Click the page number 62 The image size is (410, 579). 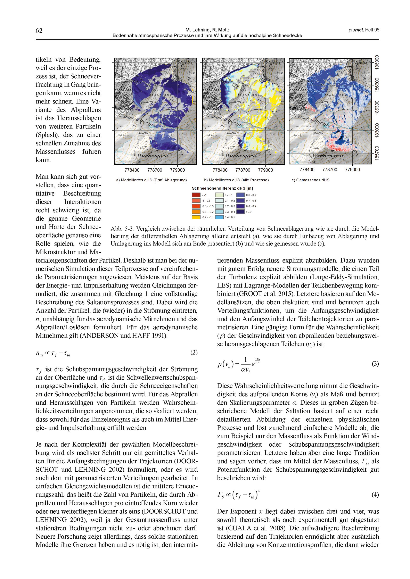click(x=39, y=31)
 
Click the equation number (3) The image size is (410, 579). click(x=375, y=364)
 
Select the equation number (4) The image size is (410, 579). click(x=375, y=495)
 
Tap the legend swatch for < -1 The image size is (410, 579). click(x=196, y=195)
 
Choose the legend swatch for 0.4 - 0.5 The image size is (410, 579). click(x=219, y=217)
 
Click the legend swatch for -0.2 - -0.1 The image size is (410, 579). click(x=196, y=217)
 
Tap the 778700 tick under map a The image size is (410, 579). click(x=155, y=170)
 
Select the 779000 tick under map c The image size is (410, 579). click(x=352, y=170)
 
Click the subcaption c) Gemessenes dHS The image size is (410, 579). click(x=310, y=180)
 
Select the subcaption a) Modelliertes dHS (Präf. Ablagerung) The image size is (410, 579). click(x=151, y=180)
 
